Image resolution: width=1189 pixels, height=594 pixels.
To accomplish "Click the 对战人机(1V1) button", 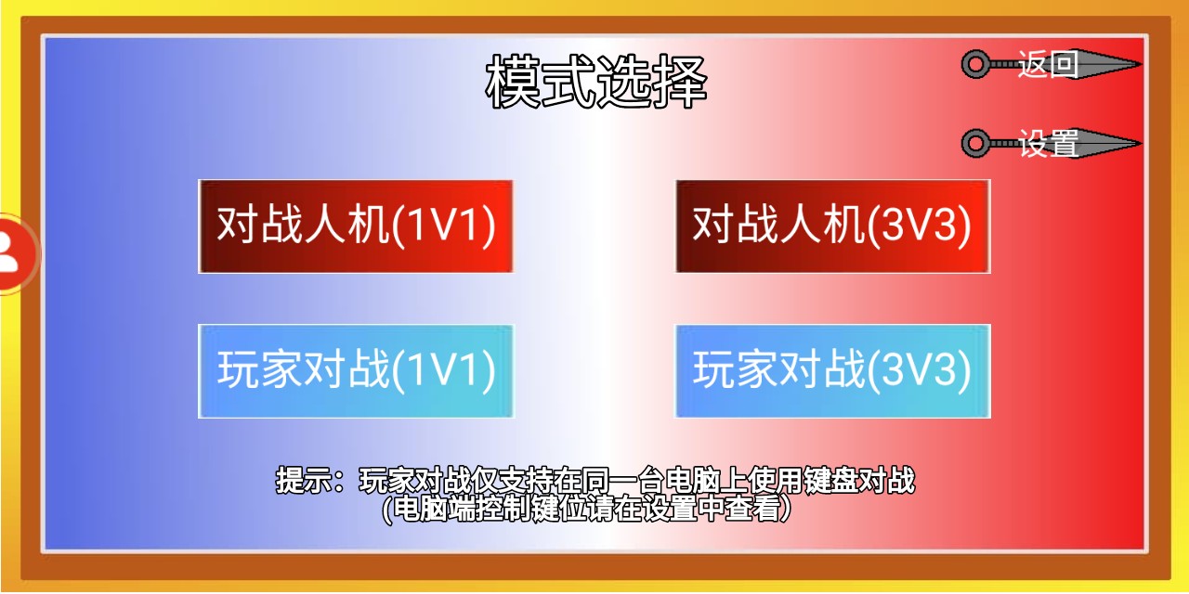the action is [x=356, y=226].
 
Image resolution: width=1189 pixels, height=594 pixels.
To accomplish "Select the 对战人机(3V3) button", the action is [x=833, y=226].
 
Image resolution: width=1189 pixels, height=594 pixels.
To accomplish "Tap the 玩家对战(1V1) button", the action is [x=356, y=371].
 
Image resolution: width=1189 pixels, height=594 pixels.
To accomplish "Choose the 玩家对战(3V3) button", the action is [x=833, y=371].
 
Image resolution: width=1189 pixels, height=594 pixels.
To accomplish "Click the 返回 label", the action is [x=1048, y=64].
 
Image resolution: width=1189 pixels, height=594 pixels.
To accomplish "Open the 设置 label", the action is [x=1048, y=143].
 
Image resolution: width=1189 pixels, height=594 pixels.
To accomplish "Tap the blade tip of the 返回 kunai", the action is [x=1142, y=64].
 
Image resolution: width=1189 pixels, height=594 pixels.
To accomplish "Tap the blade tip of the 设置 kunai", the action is [x=1142, y=143].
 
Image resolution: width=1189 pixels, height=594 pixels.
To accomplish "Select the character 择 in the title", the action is [x=680, y=82].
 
